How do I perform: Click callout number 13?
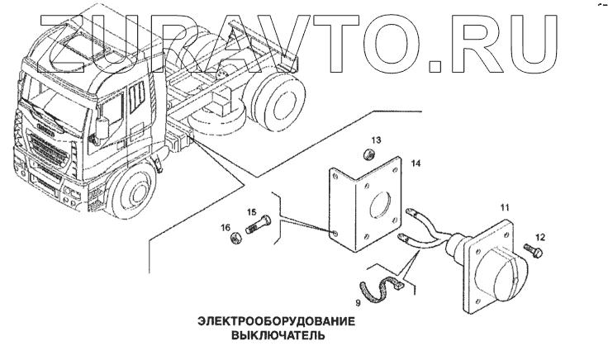click(375, 140)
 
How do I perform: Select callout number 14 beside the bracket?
click(416, 165)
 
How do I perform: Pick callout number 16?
click(226, 227)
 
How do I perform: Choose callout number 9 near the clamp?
click(358, 303)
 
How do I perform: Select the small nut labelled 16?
click(235, 240)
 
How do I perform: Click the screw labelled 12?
click(530, 249)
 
